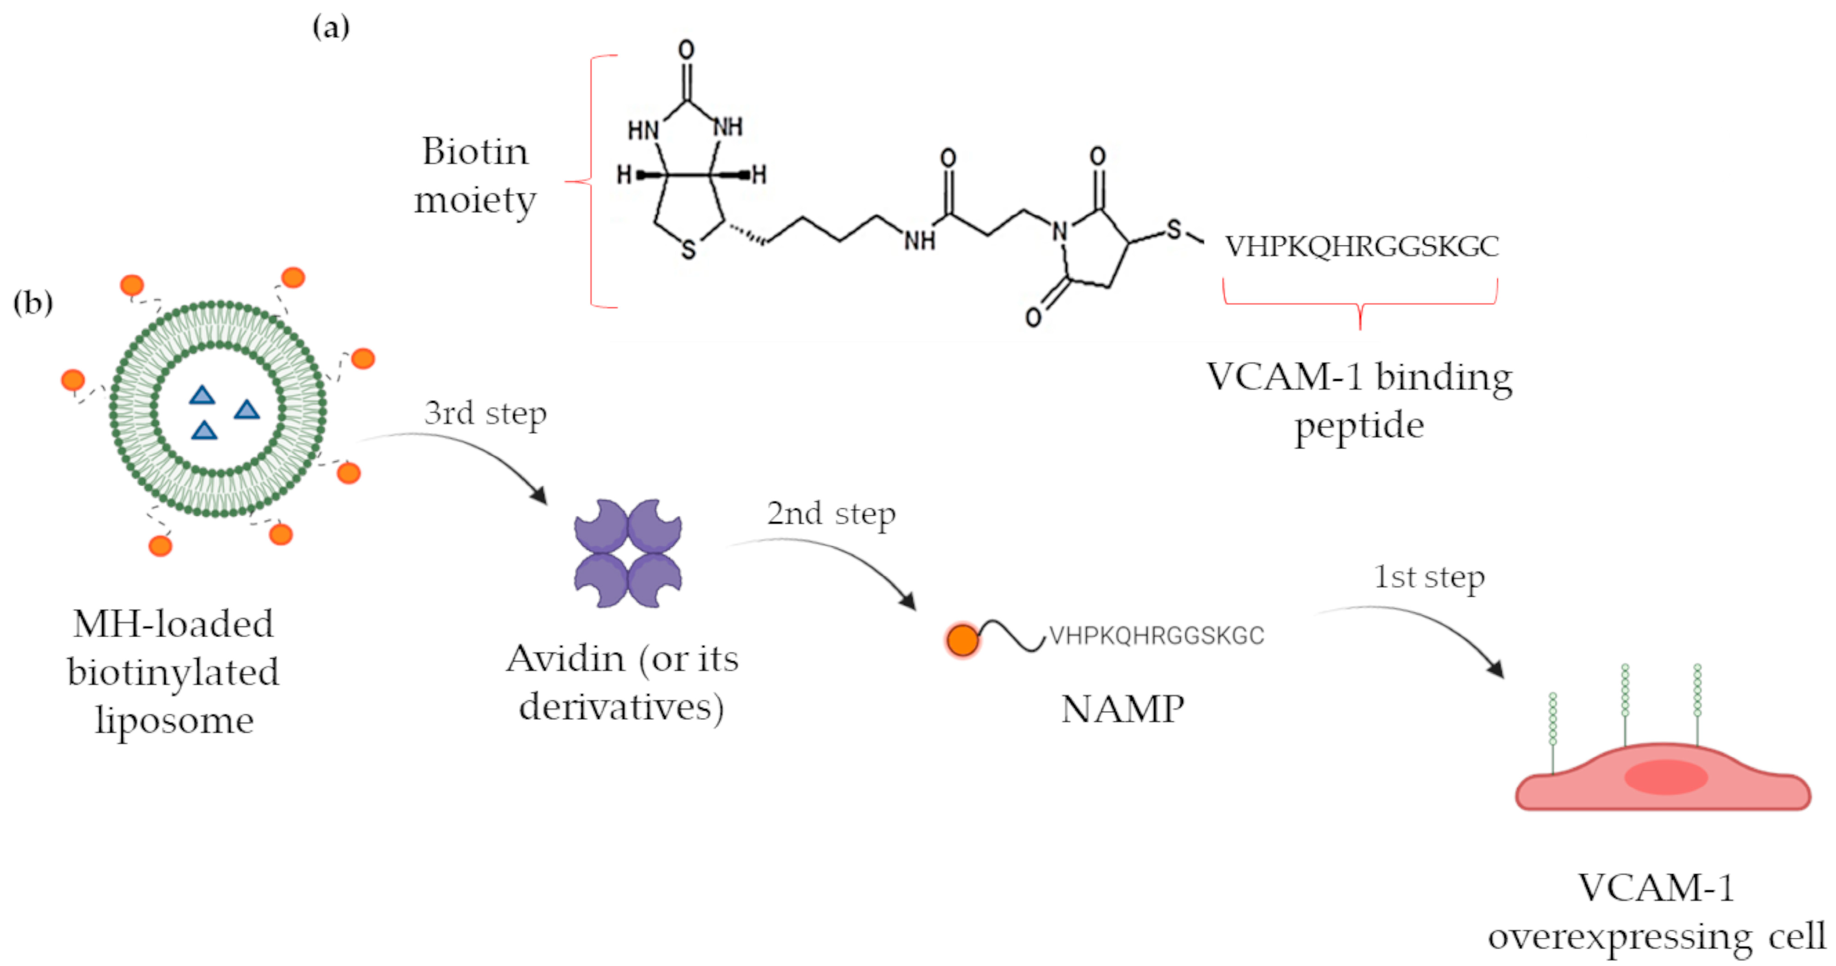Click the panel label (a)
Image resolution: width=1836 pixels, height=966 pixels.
[331, 28]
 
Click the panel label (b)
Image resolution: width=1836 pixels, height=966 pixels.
[33, 303]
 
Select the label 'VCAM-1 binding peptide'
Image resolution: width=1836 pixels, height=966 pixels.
[1359, 401]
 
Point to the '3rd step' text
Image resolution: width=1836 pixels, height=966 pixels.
[485, 413]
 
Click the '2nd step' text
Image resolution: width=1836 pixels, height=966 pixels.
[831, 513]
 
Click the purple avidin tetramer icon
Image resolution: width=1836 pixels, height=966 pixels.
[628, 553]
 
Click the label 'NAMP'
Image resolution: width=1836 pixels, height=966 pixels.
[1122, 710]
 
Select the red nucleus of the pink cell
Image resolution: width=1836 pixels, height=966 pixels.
[1666, 777]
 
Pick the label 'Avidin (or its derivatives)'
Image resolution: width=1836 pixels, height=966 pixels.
[622, 682]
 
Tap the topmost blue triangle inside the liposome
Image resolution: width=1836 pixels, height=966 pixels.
[202, 395]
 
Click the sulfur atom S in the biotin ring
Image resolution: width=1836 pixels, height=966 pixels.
[688, 249]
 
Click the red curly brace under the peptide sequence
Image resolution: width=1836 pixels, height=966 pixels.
[1360, 306]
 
